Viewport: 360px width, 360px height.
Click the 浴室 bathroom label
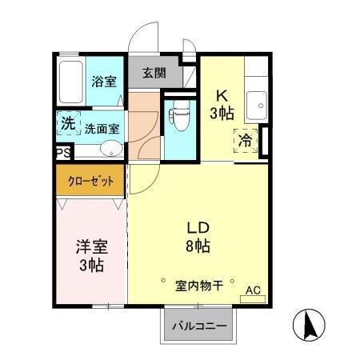[104, 81]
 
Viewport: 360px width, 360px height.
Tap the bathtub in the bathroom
[71, 81]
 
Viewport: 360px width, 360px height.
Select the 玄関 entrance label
[154, 73]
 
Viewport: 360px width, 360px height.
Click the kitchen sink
[257, 103]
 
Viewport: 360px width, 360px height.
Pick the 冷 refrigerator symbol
[246, 140]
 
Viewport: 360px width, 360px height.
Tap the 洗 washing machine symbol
[69, 124]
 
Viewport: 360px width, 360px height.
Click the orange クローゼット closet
[90, 180]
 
